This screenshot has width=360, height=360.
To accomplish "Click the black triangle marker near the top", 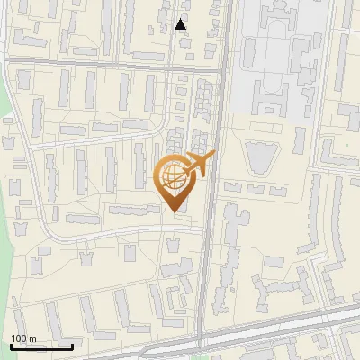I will pyautogui.click(x=181, y=24).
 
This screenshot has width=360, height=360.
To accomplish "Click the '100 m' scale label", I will pyautogui.click(x=24, y=338).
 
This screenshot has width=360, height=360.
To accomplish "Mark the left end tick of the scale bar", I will pyautogui.click(x=11, y=346).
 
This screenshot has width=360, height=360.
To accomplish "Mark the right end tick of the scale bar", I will pyautogui.click(x=72, y=346).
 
